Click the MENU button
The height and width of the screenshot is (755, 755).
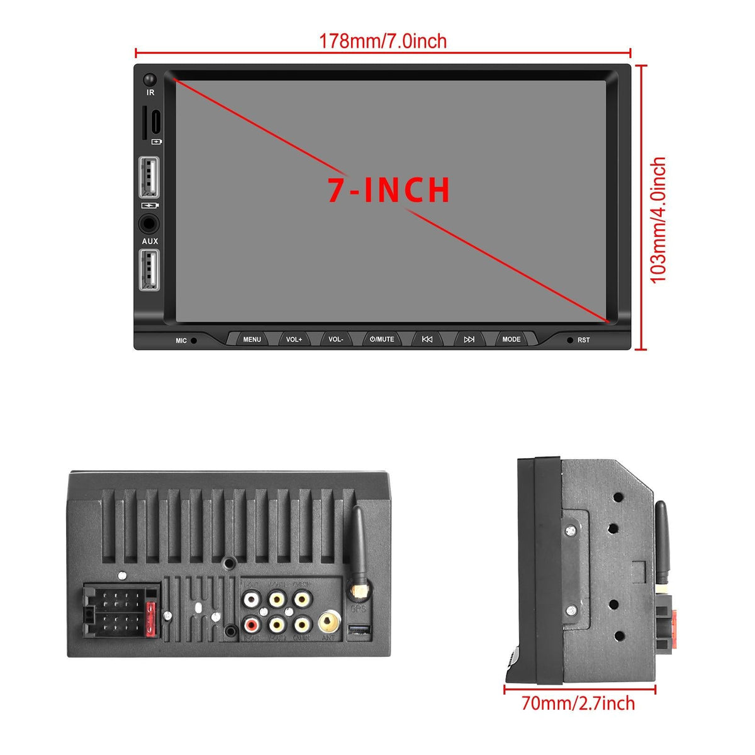pyautogui.click(x=252, y=339)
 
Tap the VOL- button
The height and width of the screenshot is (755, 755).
pyautogui.click(x=336, y=339)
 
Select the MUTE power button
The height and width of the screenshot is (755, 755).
pyautogui.click(x=382, y=339)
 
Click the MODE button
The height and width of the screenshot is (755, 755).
pyautogui.click(x=511, y=339)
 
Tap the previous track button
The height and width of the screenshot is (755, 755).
pyautogui.click(x=427, y=339)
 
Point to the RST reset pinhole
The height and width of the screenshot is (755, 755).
pyautogui.click(x=570, y=340)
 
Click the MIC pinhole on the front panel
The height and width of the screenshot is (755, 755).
pyautogui.click(x=194, y=340)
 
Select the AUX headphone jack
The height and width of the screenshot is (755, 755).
pyautogui.click(x=149, y=224)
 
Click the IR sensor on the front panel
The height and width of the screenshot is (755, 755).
pyautogui.click(x=150, y=80)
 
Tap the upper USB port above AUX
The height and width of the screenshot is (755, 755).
pyautogui.click(x=149, y=177)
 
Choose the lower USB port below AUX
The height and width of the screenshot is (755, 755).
pyautogui.click(x=149, y=270)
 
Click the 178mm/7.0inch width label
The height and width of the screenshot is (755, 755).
pyautogui.click(x=383, y=42)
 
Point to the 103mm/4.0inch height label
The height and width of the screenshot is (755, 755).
pyautogui.click(x=658, y=220)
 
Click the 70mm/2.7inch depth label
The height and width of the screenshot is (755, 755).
pyautogui.click(x=578, y=703)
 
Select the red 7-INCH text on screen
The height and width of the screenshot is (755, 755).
pyautogui.click(x=389, y=190)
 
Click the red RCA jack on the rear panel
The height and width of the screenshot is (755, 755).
pyautogui.click(x=252, y=625)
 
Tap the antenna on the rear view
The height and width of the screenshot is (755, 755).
pyautogui.click(x=359, y=547)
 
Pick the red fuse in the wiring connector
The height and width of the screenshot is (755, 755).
pyautogui.click(x=150, y=620)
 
